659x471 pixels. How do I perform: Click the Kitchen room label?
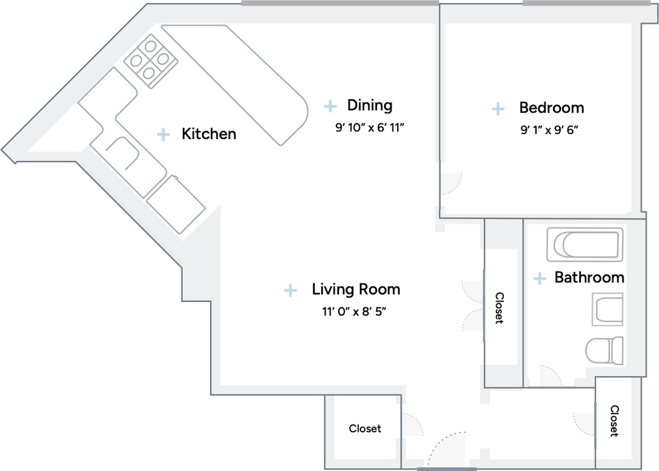(209, 134)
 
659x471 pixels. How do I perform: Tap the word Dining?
(370, 105)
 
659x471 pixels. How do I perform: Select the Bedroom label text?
(552, 108)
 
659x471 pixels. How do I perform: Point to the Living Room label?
(356, 289)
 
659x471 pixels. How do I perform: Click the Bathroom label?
(589, 277)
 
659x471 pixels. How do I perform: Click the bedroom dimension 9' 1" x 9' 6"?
(550, 130)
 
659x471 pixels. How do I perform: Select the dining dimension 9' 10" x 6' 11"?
(369, 128)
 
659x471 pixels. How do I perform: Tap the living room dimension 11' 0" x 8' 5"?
(354, 312)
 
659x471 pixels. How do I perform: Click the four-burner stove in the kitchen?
(151, 61)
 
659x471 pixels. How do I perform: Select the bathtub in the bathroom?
(584, 245)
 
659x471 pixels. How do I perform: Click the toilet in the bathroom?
(604, 351)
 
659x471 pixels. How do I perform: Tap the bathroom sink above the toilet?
(608, 309)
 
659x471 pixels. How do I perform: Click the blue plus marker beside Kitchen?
(163, 134)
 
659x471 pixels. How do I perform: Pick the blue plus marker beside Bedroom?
(498, 109)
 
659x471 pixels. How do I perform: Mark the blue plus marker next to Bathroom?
(540, 278)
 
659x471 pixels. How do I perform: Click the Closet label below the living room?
(365, 428)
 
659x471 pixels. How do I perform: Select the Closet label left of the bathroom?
(499, 308)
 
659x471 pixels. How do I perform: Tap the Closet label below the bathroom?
(615, 421)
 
